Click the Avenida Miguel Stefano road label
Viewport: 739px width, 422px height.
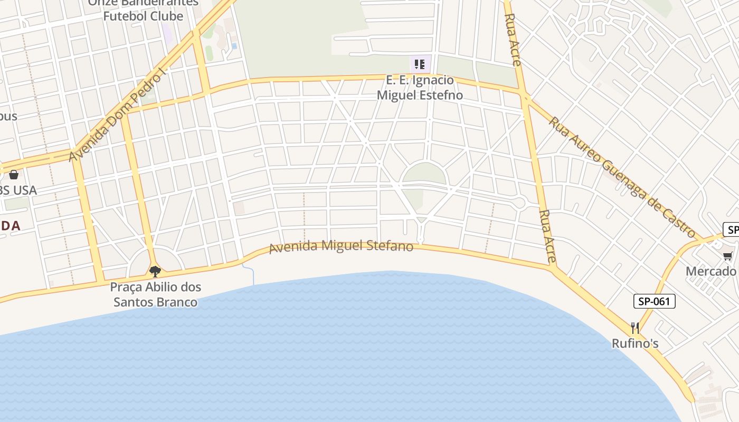coord(341,246)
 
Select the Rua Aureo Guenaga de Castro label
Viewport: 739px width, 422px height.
coord(622,177)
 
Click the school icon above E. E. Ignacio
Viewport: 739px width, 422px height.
coord(420,64)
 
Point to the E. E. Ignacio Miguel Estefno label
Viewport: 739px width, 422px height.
coord(420,88)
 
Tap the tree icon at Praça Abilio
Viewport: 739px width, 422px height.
coord(155,271)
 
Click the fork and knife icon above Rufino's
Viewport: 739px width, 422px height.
coord(635,328)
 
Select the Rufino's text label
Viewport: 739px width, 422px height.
coord(635,343)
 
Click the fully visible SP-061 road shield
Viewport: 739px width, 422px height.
coord(654,301)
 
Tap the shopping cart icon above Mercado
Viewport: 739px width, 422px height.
coord(728,256)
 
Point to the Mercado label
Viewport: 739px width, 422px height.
coord(711,271)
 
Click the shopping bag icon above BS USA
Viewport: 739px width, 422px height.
coord(14,174)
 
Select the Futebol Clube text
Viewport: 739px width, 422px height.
coord(143,16)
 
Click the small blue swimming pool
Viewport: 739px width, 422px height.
coord(234,46)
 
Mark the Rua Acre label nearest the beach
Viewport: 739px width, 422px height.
coord(548,236)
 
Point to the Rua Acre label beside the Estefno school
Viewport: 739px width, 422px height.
coord(513,40)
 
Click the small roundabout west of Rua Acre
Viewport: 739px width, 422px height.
coord(519,203)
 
